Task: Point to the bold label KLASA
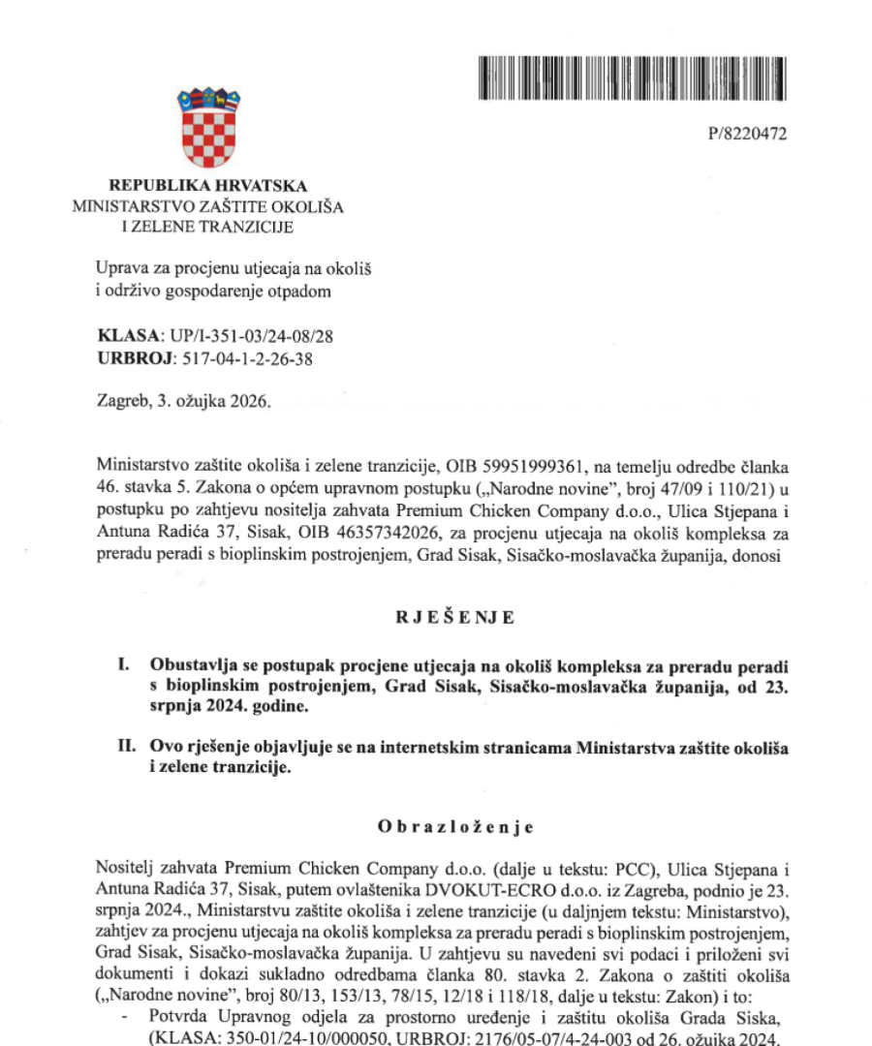click(x=130, y=337)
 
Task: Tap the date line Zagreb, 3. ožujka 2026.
click(x=179, y=401)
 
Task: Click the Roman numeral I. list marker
click(x=122, y=666)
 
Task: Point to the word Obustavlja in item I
click(x=200, y=666)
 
